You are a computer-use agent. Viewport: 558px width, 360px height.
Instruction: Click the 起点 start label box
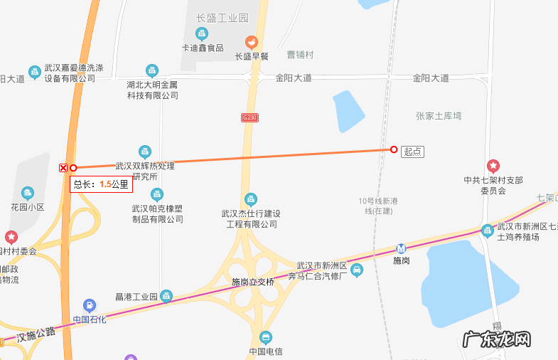pos(412,151)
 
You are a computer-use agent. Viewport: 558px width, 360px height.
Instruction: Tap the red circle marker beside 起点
pos(394,149)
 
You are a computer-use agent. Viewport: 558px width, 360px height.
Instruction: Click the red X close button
pos(63,168)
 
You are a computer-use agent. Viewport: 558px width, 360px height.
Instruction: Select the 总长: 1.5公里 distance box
pos(101,184)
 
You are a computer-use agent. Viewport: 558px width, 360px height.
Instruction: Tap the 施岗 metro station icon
pos(402,249)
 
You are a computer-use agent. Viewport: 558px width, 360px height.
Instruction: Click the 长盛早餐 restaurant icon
pos(250,42)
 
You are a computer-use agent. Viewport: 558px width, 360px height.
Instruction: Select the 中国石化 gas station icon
pos(90,305)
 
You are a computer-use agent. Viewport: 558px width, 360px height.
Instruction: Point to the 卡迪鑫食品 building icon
pos(202,33)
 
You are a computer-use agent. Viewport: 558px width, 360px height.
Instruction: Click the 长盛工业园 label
pos(222,17)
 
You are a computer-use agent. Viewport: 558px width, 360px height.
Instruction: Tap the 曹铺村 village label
pos(300,55)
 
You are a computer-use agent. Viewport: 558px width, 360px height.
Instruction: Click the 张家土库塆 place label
pos(439,115)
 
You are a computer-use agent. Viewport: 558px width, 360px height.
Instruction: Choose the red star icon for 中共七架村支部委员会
pos(493,166)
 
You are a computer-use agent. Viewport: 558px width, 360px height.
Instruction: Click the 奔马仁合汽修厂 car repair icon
pos(358,270)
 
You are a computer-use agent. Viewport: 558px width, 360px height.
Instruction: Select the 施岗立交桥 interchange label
pos(253,282)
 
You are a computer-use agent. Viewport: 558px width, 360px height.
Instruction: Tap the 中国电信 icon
pos(266,337)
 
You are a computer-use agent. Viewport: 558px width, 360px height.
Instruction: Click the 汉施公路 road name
pos(36,334)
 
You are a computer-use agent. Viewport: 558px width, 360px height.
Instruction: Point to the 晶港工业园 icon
pos(166,295)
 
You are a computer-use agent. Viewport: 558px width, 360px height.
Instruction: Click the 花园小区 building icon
pos(28,193)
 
